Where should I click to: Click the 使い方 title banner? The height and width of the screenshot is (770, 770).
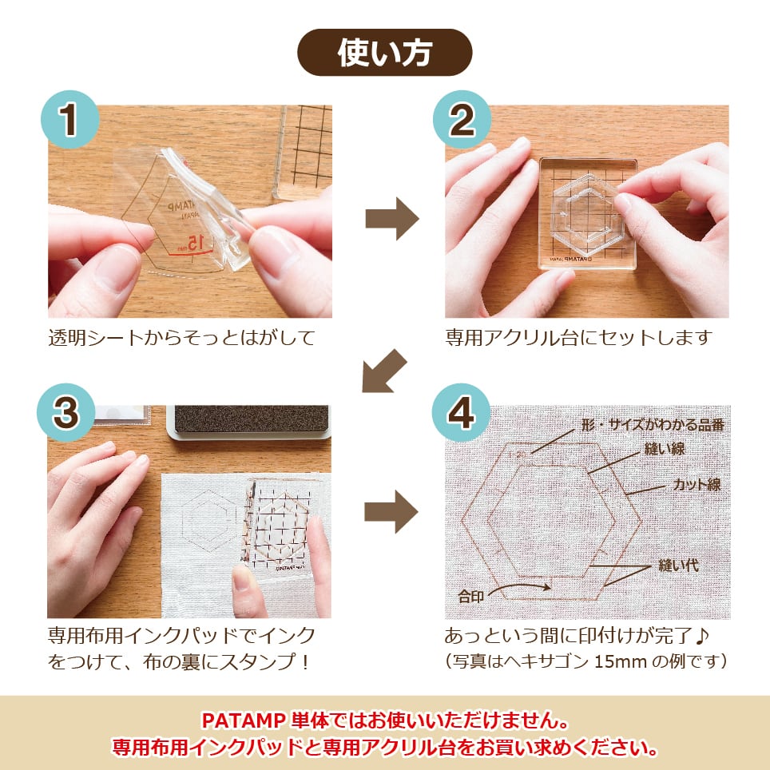tap(384, 53)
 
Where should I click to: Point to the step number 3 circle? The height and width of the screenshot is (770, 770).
tap(69, 412)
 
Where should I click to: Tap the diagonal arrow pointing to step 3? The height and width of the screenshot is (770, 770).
tap(384, 371)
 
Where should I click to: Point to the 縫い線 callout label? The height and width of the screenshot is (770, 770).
tap(665, 448)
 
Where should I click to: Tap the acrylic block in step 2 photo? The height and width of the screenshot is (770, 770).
tap(587, 214)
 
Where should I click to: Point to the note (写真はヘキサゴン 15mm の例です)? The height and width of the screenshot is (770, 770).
tap(585, 661)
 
